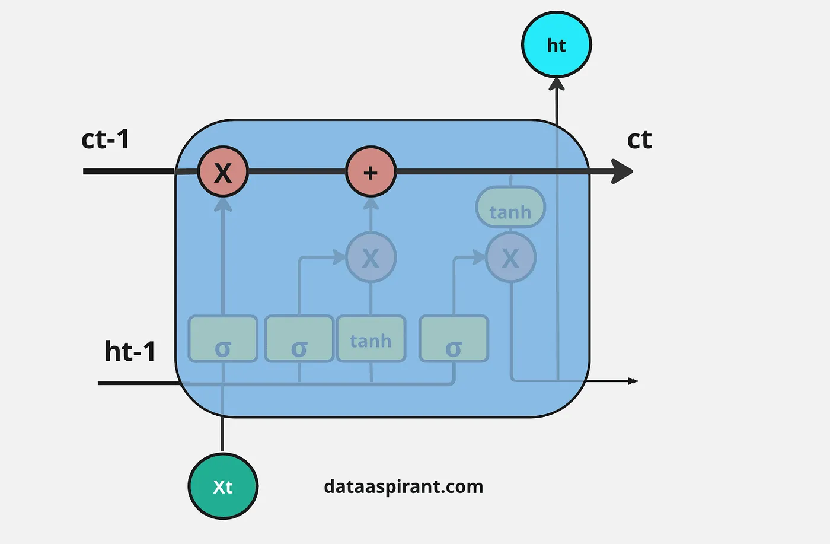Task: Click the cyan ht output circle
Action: point(556,44)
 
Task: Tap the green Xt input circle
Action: point(223,486)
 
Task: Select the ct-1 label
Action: point(105,139)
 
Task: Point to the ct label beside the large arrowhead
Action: point(639,139)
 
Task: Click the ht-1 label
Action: point(130,351)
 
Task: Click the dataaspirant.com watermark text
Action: point(403,486)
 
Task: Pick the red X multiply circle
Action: point(222,172)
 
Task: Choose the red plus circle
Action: point(371,172)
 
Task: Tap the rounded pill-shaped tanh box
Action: point(510,208)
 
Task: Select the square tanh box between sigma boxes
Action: point(371,339)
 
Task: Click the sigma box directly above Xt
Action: point(223,339)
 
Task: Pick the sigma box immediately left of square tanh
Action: point(299,339)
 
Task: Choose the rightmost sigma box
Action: point(454,339)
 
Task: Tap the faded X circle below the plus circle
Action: point(371,257)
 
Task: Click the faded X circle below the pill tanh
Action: point(510,257)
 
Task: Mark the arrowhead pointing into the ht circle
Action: point(556,84)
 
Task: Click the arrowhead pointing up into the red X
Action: point(223,205)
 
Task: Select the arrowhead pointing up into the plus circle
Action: point(371,204)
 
